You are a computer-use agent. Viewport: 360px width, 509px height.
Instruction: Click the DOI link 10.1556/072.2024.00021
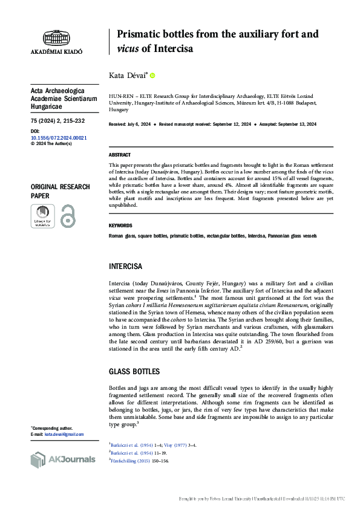[58, 138]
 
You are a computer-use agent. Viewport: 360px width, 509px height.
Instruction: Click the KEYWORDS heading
[120, 225]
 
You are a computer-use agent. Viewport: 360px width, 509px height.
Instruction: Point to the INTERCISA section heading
[125, 266]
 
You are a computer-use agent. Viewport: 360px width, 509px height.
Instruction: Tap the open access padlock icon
[68, 216]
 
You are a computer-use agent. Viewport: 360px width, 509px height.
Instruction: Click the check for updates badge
[42, 216]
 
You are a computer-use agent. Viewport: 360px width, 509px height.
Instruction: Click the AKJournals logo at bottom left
[62, 459]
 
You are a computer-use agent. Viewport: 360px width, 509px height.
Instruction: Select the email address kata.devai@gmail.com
[64, 434]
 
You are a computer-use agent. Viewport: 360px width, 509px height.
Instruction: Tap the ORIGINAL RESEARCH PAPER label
[60, 192]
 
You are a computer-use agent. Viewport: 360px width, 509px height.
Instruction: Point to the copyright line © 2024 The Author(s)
[51, 144]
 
